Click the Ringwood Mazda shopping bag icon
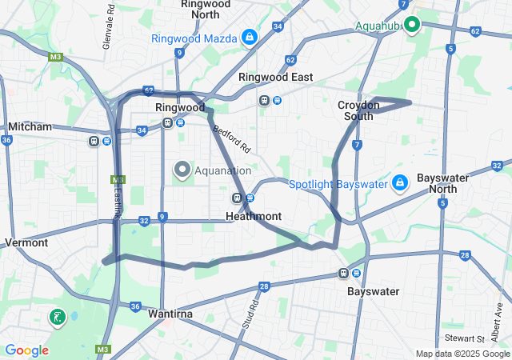pos(250,38)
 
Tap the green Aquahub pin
pos(412,25)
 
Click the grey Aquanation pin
pos(182,170)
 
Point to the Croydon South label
pos(355,110)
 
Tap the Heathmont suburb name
pos(254,216)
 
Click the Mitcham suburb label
pos(30,126)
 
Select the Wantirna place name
pos(170,314)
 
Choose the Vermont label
pos(26,242)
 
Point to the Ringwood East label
pos(276,77)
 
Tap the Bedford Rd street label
pos(232,138)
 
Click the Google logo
pos(26,350)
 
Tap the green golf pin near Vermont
pos(57,318)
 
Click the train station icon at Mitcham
pos(94,141)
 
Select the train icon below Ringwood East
pos(263,101)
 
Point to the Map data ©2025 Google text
pos(462,354)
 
